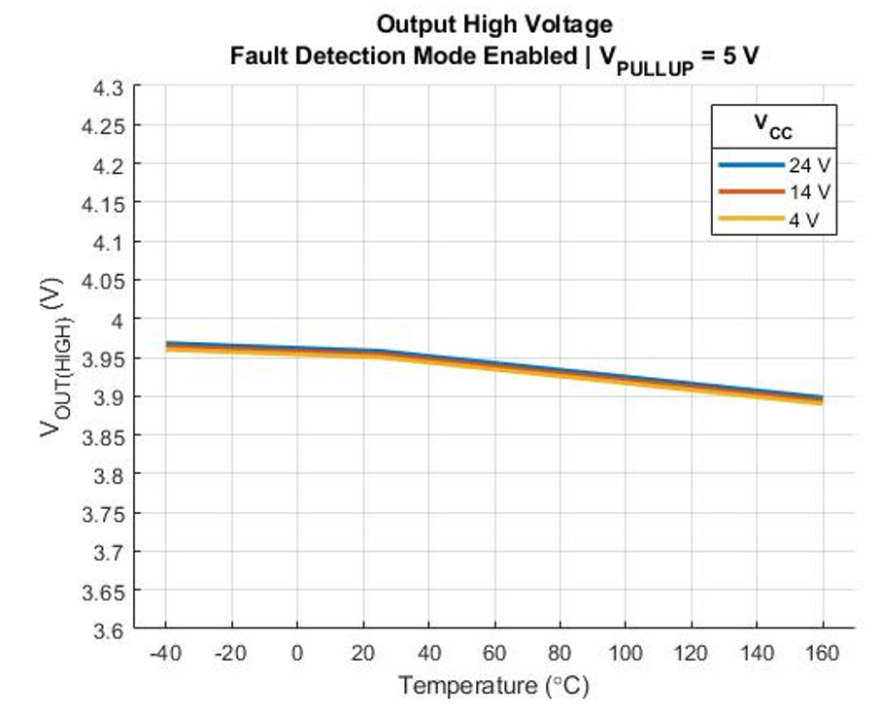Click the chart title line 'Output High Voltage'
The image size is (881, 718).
494,22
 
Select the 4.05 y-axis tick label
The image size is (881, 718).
105,281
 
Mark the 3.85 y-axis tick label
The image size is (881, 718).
105,435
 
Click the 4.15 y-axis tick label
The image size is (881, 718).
105,203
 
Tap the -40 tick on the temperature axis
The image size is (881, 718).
164,653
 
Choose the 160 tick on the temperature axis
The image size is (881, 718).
823,653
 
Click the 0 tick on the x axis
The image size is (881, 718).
297,653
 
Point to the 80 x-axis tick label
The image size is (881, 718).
559,653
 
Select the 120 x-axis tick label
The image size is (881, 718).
691,653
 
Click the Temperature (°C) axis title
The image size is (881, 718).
493,686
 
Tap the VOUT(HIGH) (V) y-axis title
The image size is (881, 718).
54,359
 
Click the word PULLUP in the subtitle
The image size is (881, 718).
652,65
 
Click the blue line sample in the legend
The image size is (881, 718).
749,165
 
